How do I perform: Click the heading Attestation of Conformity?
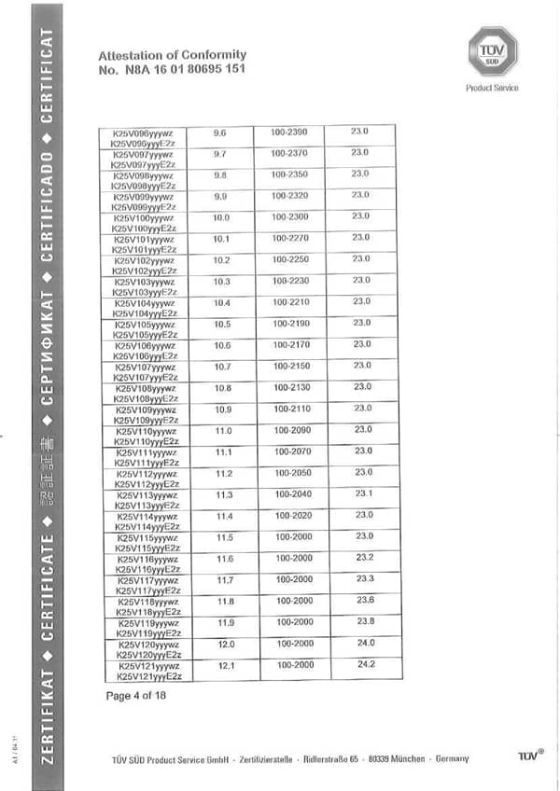coord(172,55)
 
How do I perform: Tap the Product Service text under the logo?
coord(492,89)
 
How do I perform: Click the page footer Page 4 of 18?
coord(135,696)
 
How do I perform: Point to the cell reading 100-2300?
coord(290,216)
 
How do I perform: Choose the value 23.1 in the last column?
coord(363,493)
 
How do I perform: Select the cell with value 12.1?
coord(225,666)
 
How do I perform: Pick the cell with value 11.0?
coord(223,430)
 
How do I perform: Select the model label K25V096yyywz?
coord(143,132)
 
